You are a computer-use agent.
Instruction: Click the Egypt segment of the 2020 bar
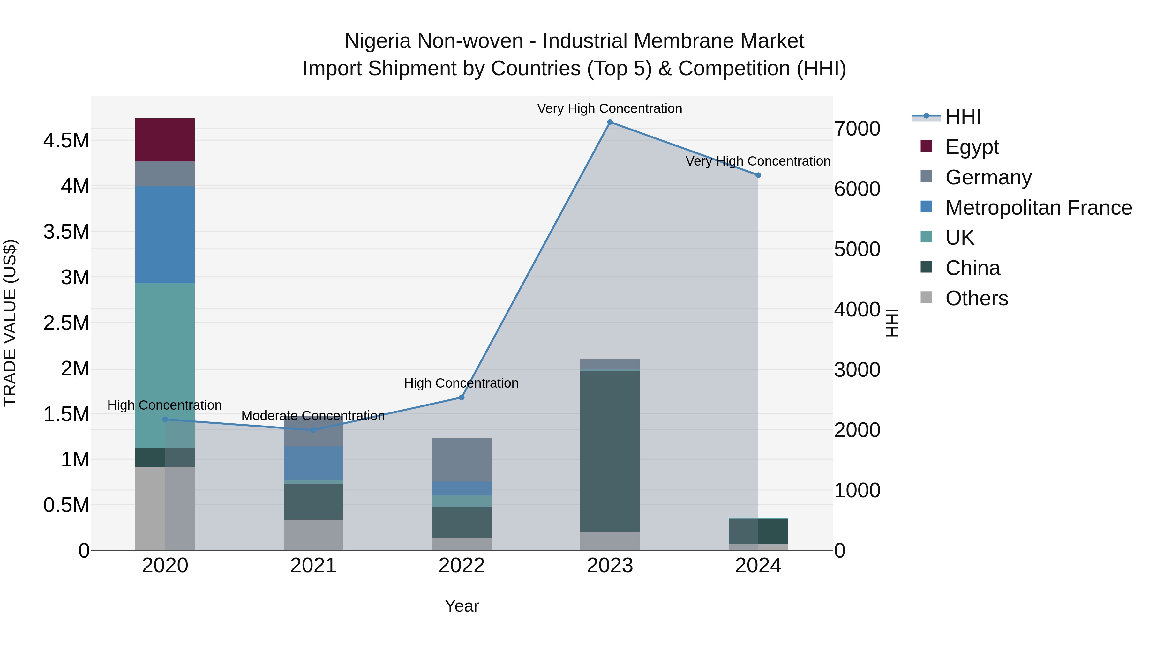point(165,139)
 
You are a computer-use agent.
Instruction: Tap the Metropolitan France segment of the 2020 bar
point(165,234)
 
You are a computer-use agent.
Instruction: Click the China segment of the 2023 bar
point(609,450)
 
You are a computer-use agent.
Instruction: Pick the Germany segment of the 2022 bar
point(461,459)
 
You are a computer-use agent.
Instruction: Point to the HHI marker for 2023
point(610,122)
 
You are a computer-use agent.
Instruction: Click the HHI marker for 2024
point(758,175)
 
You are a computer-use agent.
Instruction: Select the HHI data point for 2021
point(313,430)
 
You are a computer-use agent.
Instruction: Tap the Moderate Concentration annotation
point(313,415)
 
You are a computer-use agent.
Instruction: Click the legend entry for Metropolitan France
point(1038,208)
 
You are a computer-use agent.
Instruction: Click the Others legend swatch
point(926,297)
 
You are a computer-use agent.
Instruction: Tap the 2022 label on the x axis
point(461,566)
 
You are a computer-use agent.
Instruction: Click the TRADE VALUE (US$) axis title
point(10,323)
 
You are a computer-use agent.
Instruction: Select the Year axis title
point(461,606)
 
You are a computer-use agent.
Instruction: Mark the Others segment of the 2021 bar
point(313,535)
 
